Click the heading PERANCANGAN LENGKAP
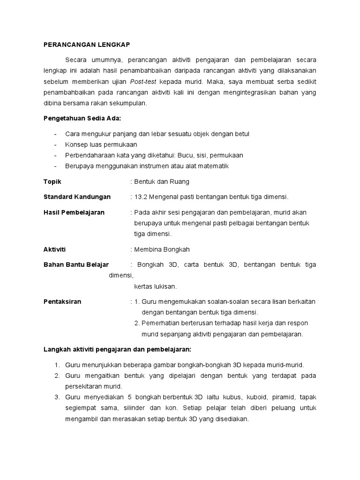pyautogui.click(x=86, y=45)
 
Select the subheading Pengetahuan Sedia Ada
pyautogui.click(x=76, y=119)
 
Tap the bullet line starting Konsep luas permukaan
pyautogui.click(x=101, y=144)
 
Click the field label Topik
pyautogui.click(x=52, y=181)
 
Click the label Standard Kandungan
pyautogui.click(x=77, y=197)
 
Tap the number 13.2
pyautogui.click(x=141, y=197)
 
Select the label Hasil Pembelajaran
pyautogui.click(x=74, y=212)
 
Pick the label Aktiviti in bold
pyautogui.click(x=55, y=249)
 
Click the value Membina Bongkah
pyautogui.click(x=162, y=249)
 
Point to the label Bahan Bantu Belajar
pyautogui.click(x=76, y=265)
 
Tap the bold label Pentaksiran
pyautogui.click(x=62, y=301)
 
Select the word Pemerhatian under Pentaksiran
pyautogui.click(x=163, y=323)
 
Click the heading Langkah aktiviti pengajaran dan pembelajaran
pyautogui.click(x=117, y=350)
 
